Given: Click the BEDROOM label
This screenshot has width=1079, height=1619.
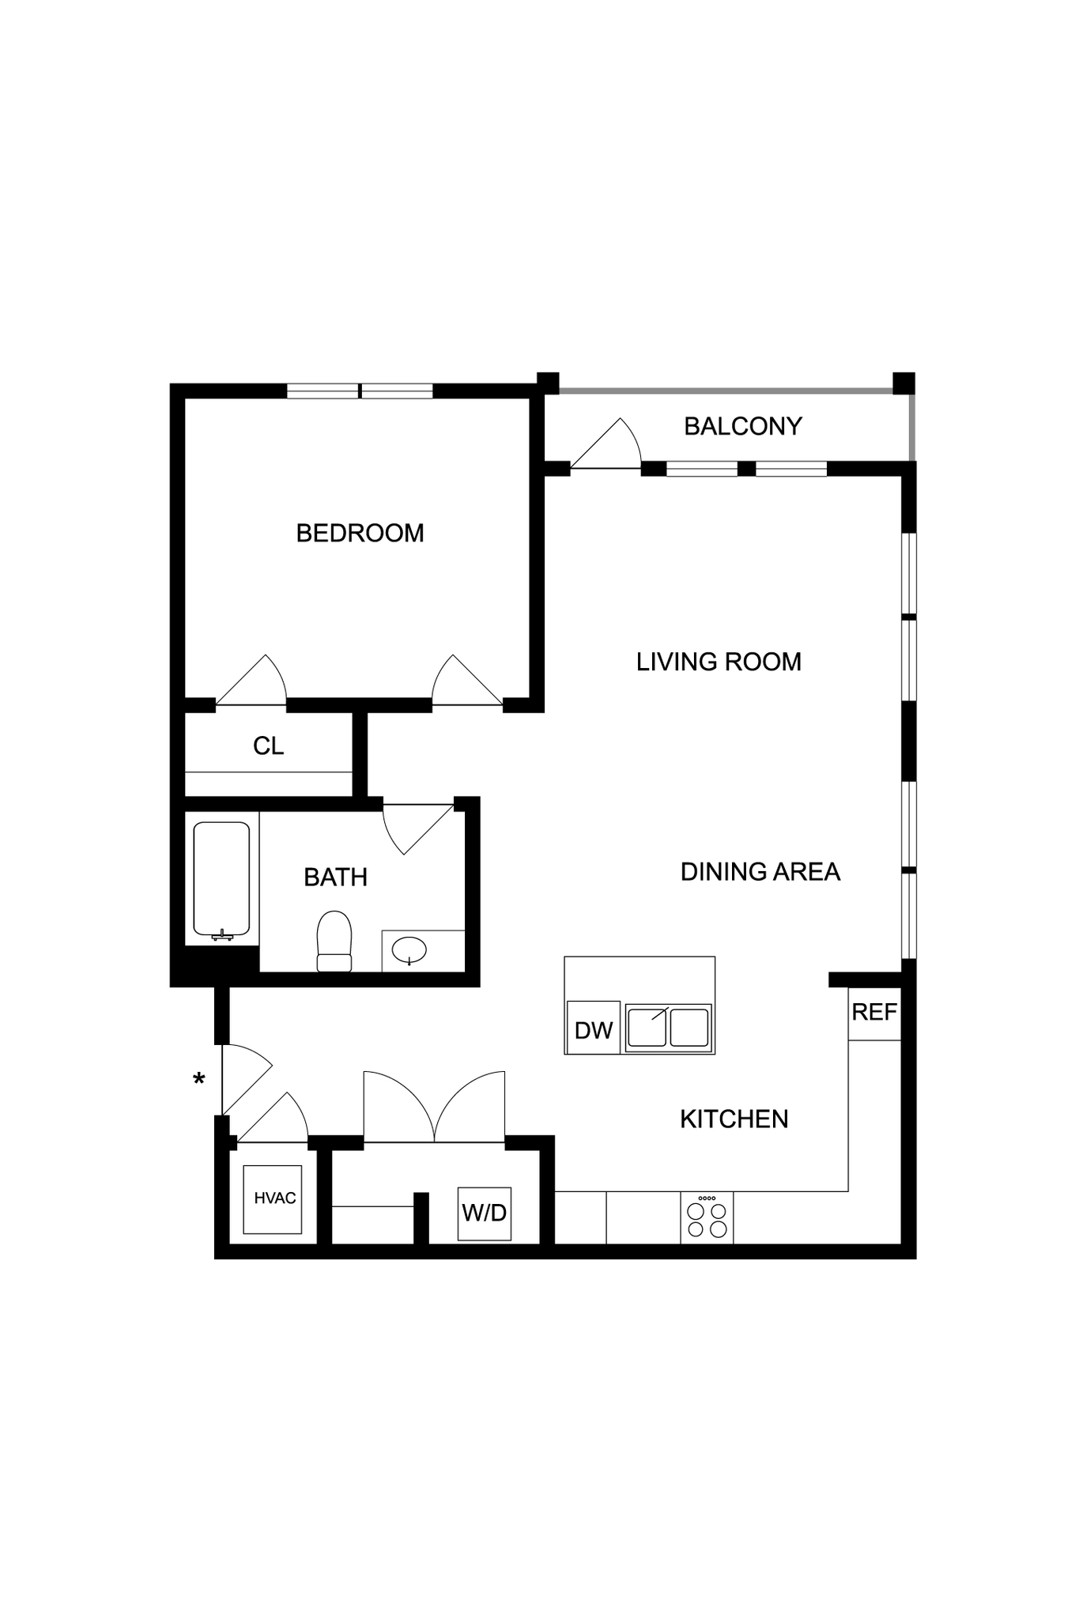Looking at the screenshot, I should click(x=360, y=533).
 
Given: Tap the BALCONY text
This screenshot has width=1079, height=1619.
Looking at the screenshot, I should click(x=742, y=426).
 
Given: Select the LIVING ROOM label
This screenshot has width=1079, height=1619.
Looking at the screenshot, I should click(x=719, y=662).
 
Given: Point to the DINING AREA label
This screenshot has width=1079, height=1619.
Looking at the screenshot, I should click(x=760, y=871).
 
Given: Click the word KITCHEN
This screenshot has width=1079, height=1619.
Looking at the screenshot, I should click(x=734, y=1119).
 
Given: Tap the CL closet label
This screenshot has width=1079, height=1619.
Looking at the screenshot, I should click(x=268, y=745).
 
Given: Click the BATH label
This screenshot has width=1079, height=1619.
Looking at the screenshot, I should click(x=335, y=877).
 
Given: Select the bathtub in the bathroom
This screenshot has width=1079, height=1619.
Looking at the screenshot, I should click(x=221, y=879).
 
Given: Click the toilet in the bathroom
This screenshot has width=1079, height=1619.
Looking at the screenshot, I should click(x=334, y=941).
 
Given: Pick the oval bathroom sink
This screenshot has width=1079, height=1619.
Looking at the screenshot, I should click(x=409, y=949).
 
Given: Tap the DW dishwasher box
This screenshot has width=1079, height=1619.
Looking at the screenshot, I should click(x=593, y=1029).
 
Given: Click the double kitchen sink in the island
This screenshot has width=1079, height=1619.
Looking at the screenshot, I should click(x=668, y=1028).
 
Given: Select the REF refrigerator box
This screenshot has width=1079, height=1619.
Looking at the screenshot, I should click(x=874, y=1013).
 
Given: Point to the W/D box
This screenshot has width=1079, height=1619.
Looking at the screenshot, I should click(x=484, y=1213).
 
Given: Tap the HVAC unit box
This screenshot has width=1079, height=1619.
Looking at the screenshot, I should click(x=273, y=1198).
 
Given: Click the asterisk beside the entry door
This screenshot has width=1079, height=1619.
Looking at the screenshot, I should click(x=199, y=1078).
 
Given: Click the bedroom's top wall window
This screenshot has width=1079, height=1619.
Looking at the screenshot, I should click(x=360, y=391).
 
